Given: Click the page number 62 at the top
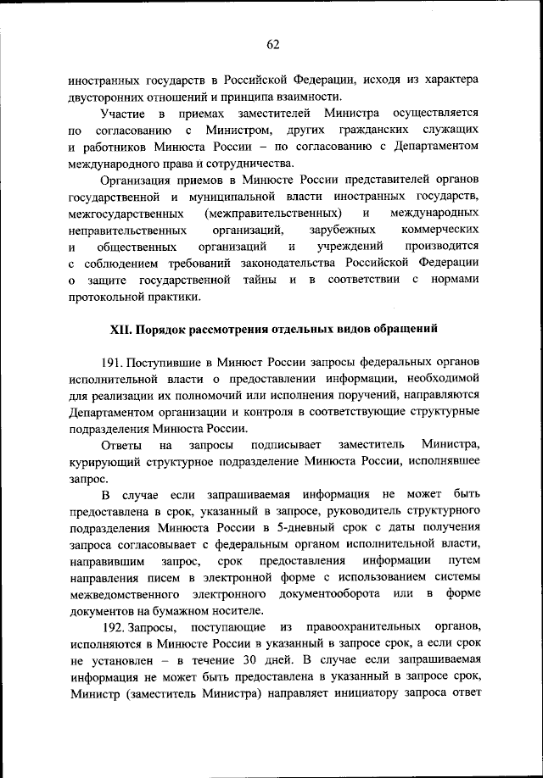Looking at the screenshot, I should [x=271, y=45].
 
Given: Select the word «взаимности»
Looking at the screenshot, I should [x=311, y=97].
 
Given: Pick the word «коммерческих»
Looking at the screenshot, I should [x=440, y=230].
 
